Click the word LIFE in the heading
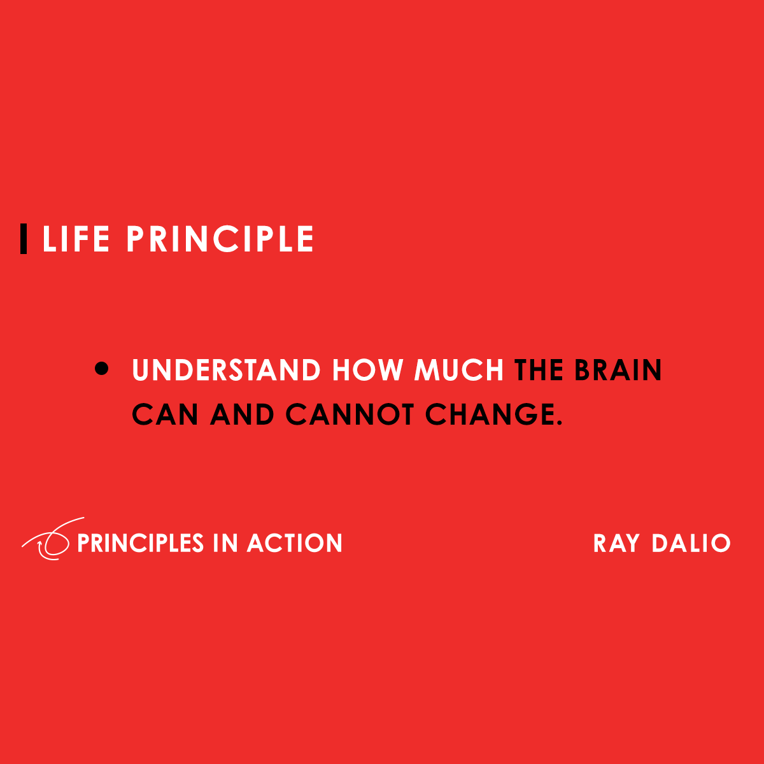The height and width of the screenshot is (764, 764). click(x=76, y=239)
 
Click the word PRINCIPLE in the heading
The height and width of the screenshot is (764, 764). click(x=220, y=239)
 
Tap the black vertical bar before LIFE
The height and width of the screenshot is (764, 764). click(x=24, y=239)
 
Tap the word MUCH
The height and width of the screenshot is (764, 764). click(x=458, y=371)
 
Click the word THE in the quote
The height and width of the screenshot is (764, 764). click(x=539, y=371)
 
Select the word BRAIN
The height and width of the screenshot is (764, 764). click(x=618, y=371)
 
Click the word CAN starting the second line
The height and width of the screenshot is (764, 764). click(x=165, y=414)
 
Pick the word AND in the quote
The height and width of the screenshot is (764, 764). click(x=242, y=414)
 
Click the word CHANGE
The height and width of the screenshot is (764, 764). click(x=488, y=414)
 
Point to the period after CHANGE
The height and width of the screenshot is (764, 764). click(x=560, y=423)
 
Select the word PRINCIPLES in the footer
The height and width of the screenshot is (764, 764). click(x=140, y=543)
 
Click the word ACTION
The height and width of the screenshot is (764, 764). click(x=295, y=543)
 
